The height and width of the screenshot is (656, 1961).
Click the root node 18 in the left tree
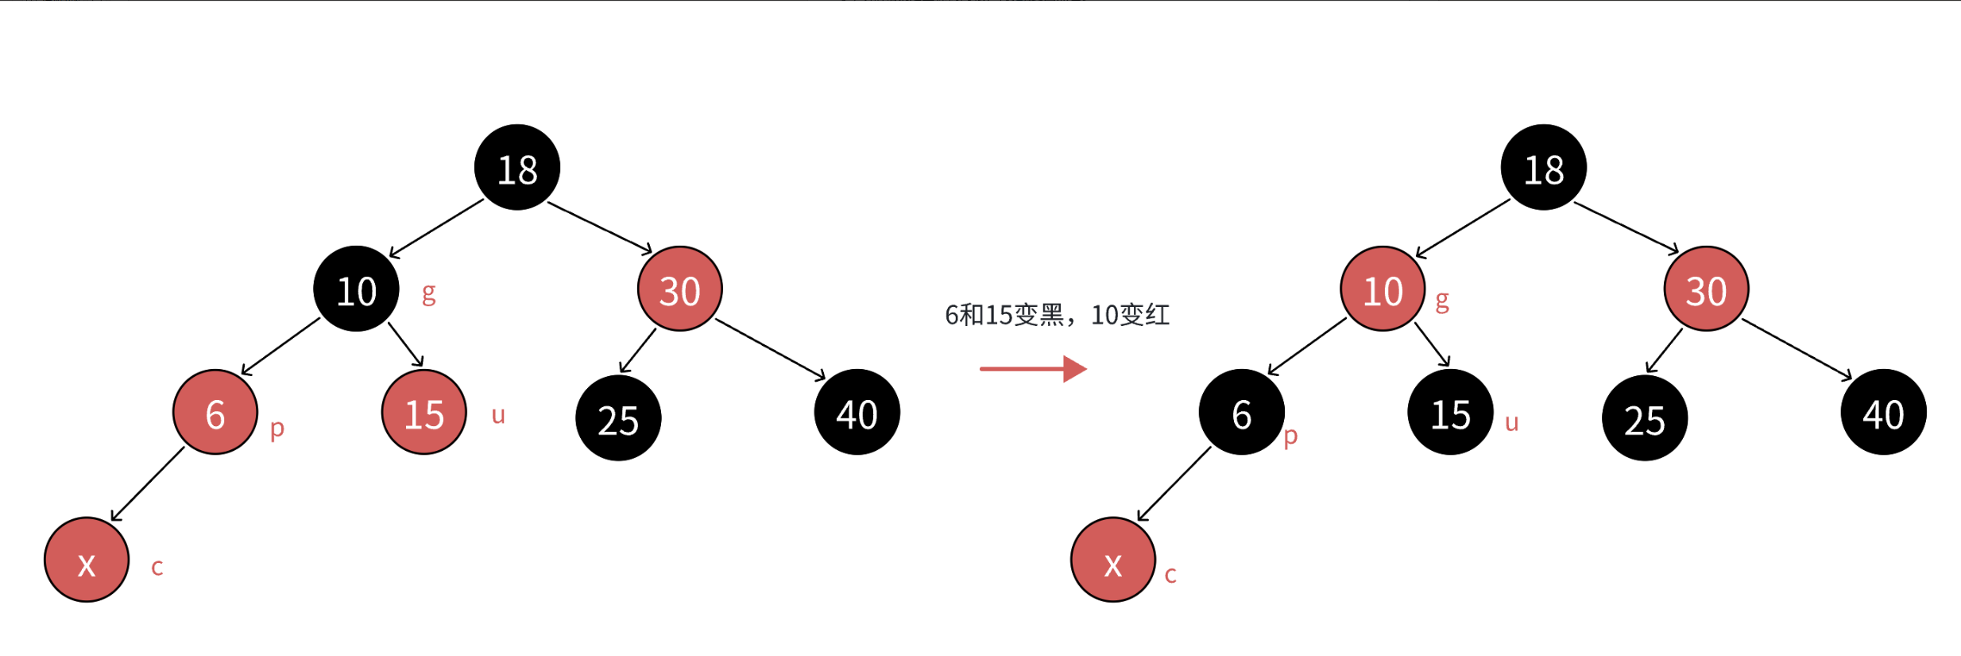(517, 168)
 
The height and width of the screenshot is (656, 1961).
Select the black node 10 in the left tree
(356, 289)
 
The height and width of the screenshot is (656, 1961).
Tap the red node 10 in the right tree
(1383, 289)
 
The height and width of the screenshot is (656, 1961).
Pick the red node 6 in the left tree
(215, 413)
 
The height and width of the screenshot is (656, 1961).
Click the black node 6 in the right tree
(1242, 413)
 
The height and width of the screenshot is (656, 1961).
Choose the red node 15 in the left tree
(424, 413)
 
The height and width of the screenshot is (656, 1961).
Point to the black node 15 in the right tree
(1451, 413)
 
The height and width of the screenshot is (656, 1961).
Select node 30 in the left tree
(680, 289)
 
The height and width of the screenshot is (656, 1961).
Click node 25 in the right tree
(1645, 418)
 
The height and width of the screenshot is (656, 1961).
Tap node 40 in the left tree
(857, 413)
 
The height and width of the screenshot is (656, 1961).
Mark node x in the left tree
(87, 561)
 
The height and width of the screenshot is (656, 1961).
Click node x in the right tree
(1113, 561)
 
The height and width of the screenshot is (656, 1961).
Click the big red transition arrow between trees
(1033, 369)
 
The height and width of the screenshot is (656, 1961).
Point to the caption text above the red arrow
(1057, 315)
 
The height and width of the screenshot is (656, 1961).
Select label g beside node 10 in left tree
(428, 293)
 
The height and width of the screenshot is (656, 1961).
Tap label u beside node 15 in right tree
(1511, 422)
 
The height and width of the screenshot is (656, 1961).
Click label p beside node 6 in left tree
(277, 429)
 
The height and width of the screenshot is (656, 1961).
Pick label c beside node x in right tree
(1170, 575)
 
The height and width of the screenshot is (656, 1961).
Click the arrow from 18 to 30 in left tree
(600, 227)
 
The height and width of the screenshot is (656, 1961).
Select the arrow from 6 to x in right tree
(1174, 484)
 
